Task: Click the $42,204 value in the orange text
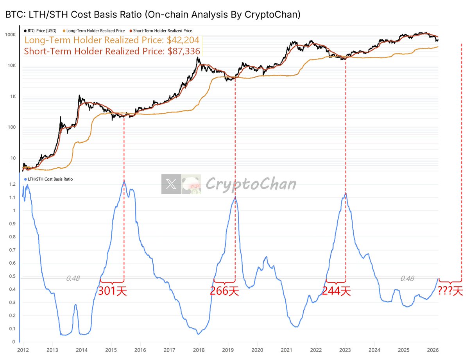point(184,40)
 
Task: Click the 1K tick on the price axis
point(12,97)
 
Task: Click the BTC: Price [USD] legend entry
point(42,30)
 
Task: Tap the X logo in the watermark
point(171,184)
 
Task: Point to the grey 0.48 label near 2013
point(73,278)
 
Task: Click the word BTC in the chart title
point(13,15)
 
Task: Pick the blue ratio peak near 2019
point(235,197)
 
